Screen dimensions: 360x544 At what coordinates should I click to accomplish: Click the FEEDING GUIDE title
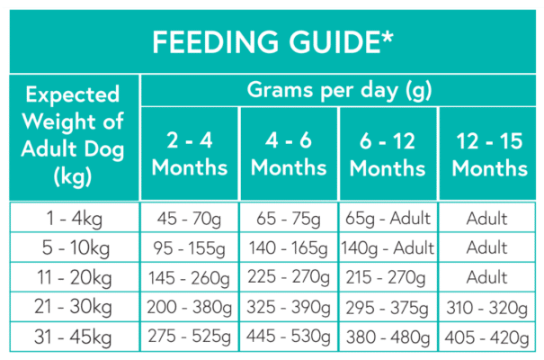click(271, 41)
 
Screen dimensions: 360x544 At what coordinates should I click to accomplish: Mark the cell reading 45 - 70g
click(189, 219)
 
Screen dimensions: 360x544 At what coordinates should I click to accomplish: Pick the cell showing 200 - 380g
click(189, 306)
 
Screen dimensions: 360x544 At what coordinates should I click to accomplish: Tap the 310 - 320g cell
click(489, 306)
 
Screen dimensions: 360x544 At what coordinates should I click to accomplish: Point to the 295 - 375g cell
click(388, 306)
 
